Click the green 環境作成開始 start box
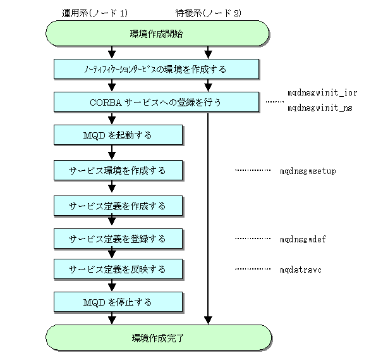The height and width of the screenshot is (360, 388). coord(157,34)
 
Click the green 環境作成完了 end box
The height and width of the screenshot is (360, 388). coord(159,337)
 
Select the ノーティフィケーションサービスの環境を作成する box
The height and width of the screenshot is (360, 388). coord(156,69)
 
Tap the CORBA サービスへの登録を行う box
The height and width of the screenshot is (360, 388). coord(156,102)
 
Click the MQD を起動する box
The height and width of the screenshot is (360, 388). coord(118,135)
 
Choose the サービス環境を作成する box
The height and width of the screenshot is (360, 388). coord(118,170)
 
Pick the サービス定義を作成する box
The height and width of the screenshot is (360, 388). coord(118,206)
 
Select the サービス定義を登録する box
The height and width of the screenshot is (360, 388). coord(118,239)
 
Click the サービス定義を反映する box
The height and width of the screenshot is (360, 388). coord(118,270)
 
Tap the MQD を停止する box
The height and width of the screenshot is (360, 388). coord(118,302)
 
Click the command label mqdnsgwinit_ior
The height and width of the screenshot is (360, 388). coord(322,93)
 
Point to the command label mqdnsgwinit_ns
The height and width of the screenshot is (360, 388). coord(320,108)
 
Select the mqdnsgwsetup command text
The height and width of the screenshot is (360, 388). coord(308,171)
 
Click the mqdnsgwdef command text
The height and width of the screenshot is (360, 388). coord(303,239)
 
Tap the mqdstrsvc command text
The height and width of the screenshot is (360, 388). coord(301,270)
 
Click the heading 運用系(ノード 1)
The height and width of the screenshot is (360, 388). coord(95,13)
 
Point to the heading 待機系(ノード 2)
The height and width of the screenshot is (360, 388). coord(209,13)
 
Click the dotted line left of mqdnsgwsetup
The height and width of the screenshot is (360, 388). coord(253,170)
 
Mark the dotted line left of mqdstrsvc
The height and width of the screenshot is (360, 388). coord(253,269)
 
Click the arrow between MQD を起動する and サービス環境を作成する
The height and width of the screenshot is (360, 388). coord(112,152)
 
